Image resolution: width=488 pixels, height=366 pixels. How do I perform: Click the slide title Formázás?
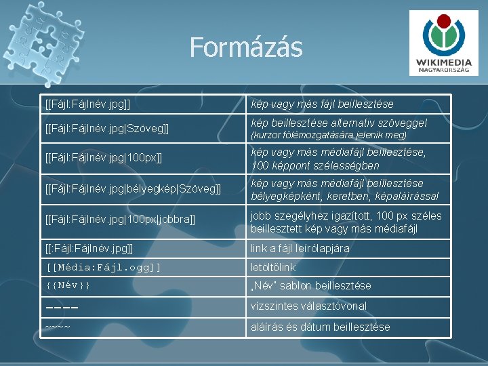pos(245,47)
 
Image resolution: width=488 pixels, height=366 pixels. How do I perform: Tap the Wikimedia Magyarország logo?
pos(444,42)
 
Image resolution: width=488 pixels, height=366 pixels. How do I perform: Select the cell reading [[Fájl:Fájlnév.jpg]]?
pos(87,104)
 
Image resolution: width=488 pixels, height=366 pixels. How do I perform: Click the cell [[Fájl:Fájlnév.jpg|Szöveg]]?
pos(106,128)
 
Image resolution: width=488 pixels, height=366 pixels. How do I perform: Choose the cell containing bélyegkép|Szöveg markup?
pos(133,190)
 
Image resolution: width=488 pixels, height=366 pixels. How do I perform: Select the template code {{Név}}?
pos(68,285)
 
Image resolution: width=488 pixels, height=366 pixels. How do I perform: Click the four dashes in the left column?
pos(62,306)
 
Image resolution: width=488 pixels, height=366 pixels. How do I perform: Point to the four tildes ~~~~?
pos(58,327)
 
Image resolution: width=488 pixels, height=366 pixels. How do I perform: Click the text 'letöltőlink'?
pos(273,267)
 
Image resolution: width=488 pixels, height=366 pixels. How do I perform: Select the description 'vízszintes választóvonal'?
pos(308,306)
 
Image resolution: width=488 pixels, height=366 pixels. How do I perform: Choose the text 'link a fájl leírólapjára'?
pos(300,248)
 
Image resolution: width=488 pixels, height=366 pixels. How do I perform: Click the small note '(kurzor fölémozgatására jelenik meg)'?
pos(329,136)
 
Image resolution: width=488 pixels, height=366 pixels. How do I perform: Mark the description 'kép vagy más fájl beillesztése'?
pos(322,104)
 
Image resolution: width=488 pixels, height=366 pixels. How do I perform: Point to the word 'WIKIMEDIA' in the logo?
pos(445,63)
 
